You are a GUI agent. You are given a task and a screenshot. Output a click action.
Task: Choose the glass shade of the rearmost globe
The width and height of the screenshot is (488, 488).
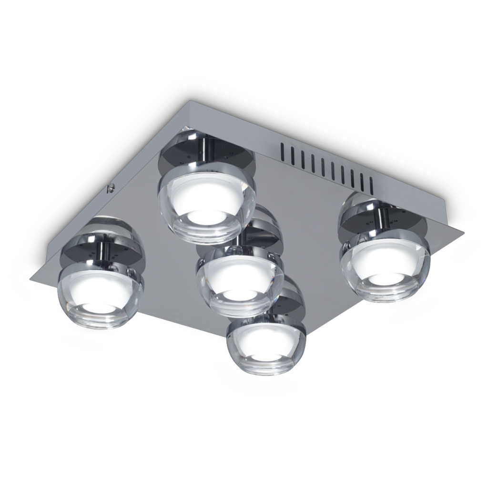click(x=206, y=205)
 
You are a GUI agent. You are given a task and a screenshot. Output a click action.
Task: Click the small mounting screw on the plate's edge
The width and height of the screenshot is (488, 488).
click(x=111, y=187)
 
